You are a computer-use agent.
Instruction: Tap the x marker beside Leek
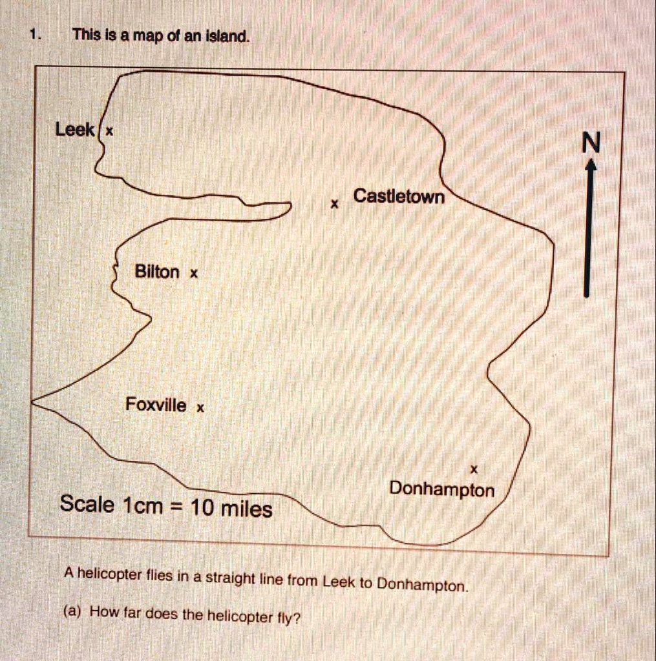coord(109,131)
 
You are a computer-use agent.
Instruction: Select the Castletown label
coord(399,196)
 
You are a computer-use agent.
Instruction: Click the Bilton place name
coord(157,272)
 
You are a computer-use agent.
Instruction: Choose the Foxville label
coord(156,405)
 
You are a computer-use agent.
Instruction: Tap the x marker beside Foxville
coord(200,408)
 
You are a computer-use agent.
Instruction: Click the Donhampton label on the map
coord(441,490)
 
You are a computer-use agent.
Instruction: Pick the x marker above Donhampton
coord(474,468)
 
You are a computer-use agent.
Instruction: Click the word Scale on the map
coord(87,504)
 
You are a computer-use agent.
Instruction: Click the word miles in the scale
coord(247,510)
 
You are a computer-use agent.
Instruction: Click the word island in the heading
coord(226,37)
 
